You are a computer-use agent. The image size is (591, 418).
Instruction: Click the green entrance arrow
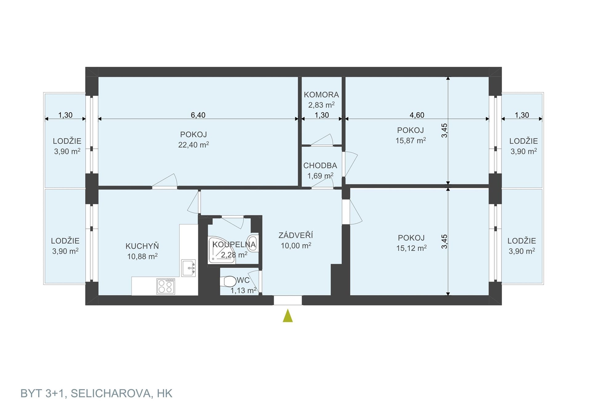tap(288, 316)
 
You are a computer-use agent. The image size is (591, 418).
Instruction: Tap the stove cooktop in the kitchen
tap(166, 286)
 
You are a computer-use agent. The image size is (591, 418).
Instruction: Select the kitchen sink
tap(188, 268)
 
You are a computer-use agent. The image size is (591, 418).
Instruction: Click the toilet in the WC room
tap(228, 281)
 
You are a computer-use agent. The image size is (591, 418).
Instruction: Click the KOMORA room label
tap(321, 95)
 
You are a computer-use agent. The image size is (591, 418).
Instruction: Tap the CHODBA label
tap(320, 166)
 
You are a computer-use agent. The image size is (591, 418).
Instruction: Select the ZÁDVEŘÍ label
tap(296, 235)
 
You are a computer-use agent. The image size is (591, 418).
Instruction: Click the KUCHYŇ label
tap(142, 246)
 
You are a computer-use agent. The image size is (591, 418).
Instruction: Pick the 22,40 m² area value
tap(194, 145)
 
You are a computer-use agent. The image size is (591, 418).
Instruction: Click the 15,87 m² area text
tap(411, 141)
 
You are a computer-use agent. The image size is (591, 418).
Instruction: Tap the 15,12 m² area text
tap(411, 248)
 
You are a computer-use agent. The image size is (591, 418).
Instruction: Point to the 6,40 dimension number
tap(198, 115)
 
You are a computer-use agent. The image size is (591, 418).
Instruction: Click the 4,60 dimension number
tap(417, 115)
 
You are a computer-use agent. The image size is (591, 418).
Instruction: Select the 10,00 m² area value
tap(296, 246)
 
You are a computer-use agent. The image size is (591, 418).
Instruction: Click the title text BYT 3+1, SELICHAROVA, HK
tap(96, 393)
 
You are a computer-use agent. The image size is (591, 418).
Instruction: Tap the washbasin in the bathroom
tap(253, 243)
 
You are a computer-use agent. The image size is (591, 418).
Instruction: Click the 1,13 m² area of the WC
tap(243, 290)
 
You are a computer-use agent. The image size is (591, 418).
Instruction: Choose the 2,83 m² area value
tap(321, 105)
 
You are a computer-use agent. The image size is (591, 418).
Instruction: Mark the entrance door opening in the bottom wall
tap(288, 300)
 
